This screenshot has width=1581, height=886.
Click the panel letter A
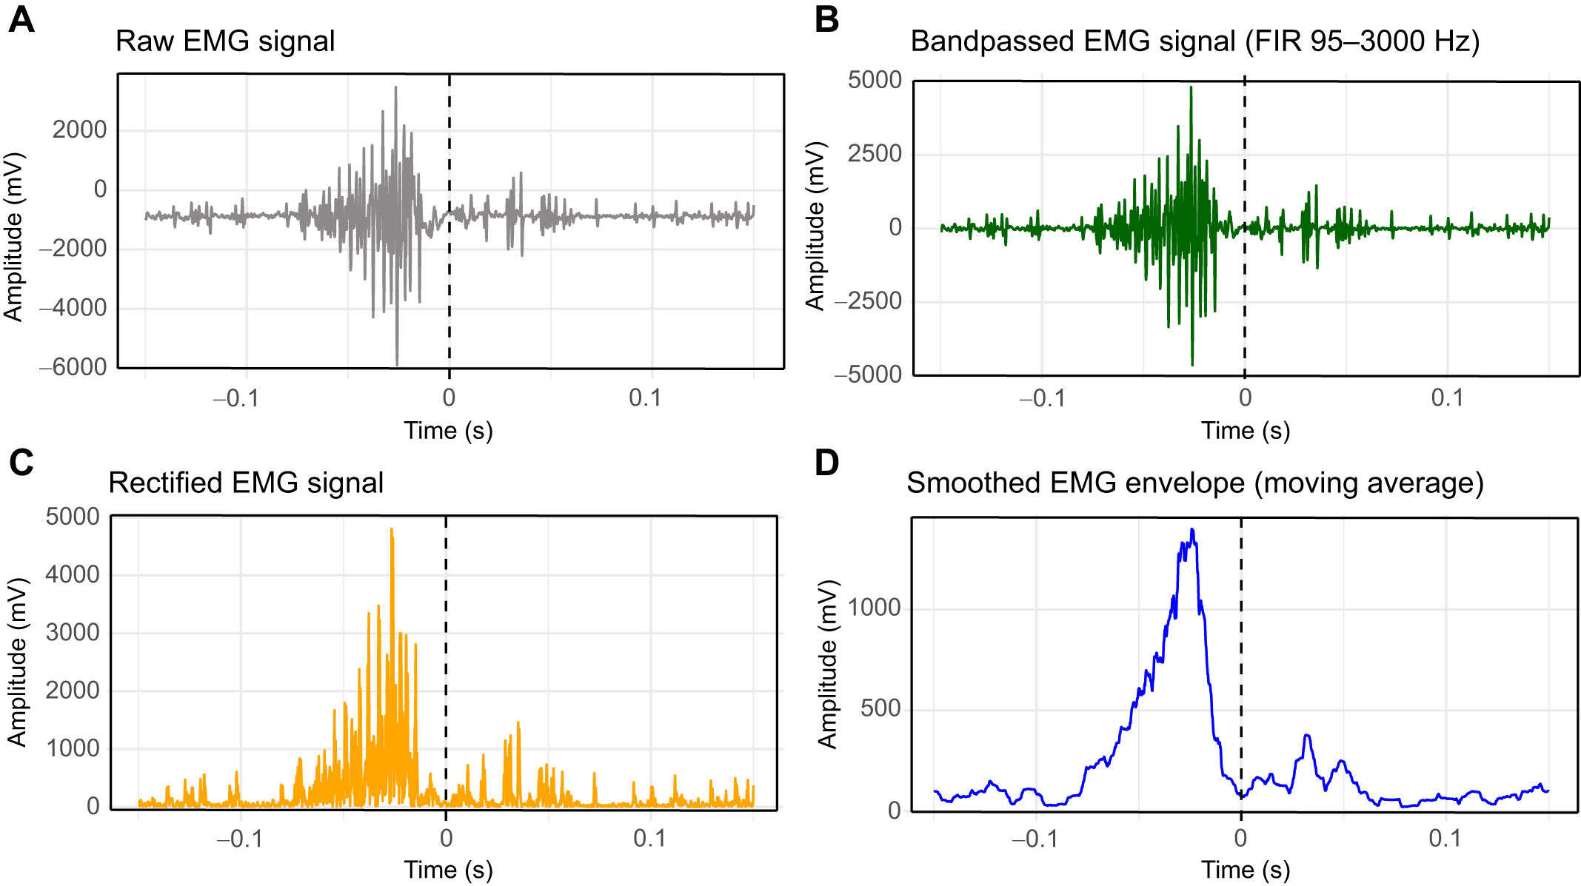(21, 20)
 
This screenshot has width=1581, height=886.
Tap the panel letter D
(826, 463)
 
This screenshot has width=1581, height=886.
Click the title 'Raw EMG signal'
(225, 41)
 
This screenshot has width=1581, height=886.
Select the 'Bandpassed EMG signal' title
(1194, 41)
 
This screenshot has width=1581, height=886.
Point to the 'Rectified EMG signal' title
(246, 483)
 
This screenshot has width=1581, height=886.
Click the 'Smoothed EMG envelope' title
(1194, 483)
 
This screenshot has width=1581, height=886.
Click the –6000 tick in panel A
(73, 366)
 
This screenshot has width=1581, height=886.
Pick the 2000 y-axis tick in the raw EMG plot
(79, 130)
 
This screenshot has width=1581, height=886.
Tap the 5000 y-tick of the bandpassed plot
(875, 80)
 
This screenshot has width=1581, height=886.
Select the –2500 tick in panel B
(869, 301)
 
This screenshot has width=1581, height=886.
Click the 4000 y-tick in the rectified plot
(73, 574)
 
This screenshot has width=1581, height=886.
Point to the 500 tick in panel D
(880, 708)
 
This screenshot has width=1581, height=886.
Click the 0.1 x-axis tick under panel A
(645, 398)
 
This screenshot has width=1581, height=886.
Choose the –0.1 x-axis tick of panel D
(1034, 839)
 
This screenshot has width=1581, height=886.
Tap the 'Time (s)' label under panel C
(448, 870)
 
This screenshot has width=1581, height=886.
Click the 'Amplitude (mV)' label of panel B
(815, 226)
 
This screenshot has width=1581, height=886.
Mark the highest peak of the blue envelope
(1192, 530)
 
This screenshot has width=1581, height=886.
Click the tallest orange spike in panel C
(392, 529)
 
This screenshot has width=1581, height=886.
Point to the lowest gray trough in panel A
(397, 364)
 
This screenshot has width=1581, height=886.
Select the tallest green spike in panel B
(1191, 88)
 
